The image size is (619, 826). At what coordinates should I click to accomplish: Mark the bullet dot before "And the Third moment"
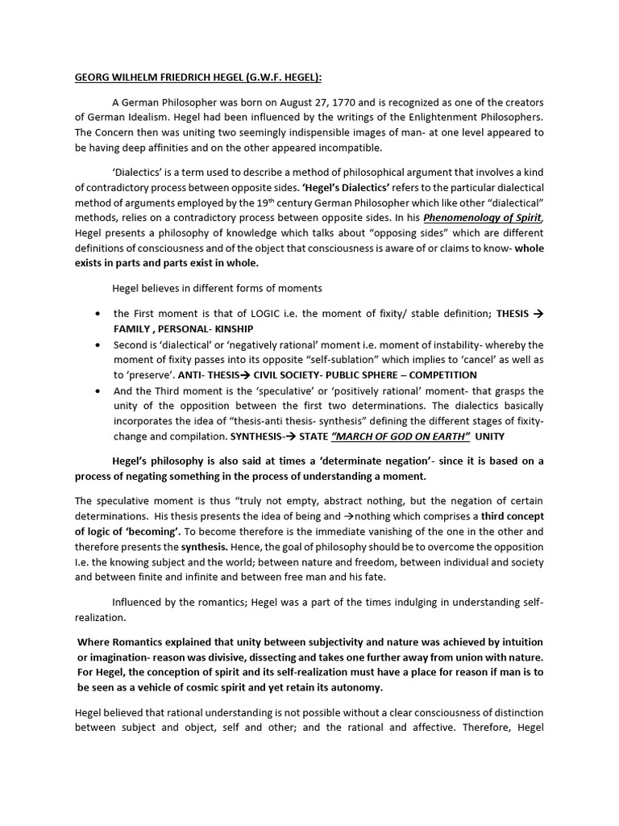pos(98,391)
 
